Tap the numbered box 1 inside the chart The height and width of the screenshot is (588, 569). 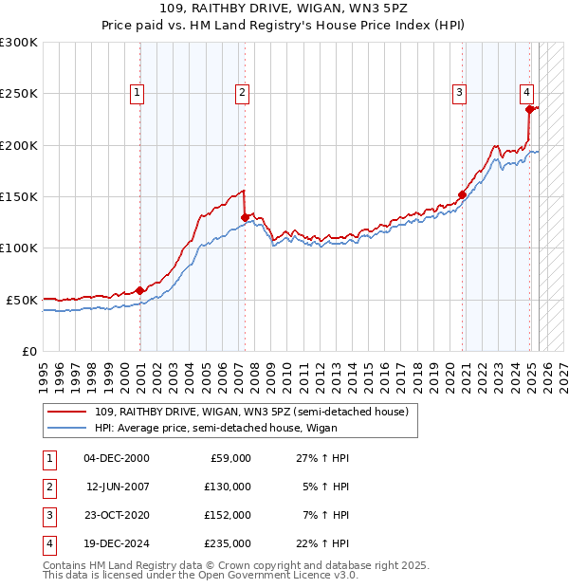pos(138,92)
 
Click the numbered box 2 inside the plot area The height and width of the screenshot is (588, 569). pos(243,92)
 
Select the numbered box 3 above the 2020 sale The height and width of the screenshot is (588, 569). pos(459,92)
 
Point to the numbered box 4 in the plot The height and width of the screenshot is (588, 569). pos(525,92)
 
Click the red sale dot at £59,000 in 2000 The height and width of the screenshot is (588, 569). pos(140,290)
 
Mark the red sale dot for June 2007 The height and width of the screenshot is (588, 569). pos(245,217)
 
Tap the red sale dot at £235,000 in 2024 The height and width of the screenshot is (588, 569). pos(529,109)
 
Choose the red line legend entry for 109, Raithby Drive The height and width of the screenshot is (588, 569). pos(251,412)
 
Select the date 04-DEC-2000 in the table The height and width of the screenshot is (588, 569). pos(117,458)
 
